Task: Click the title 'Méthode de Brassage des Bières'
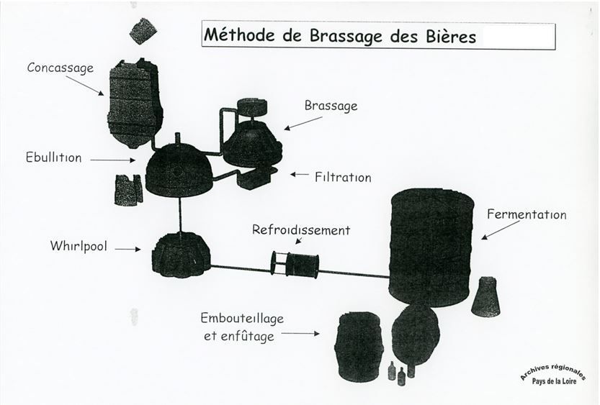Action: [339, 35]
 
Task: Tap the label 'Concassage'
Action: [61, 68]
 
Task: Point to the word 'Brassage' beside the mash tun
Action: [331, 106]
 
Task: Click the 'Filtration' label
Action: [343, 176]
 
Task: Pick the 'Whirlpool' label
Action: [79, 246]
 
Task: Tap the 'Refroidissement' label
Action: [301, 230]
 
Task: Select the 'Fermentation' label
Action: [527, 214]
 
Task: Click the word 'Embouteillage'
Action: [243, 319]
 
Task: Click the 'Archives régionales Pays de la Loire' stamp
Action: [553, 375]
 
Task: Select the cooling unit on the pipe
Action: [295, 264]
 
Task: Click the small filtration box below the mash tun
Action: [255, 178]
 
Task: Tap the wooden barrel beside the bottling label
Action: [359, 346]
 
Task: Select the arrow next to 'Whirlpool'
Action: [127, 250]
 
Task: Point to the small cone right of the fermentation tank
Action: [485, 296]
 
